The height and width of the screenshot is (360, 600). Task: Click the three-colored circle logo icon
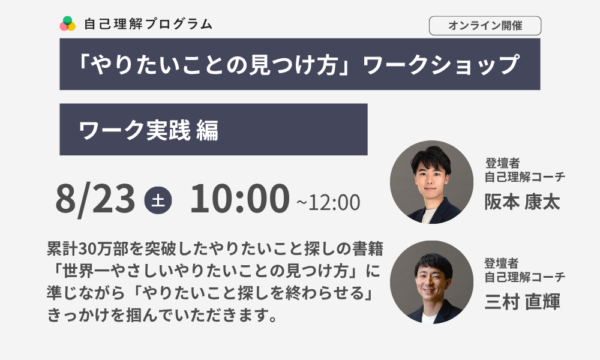point(68,24)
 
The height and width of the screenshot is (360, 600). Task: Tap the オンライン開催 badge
point(485,26)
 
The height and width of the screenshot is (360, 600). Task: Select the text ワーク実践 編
point(148,130)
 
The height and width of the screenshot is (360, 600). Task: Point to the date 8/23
point(95,199)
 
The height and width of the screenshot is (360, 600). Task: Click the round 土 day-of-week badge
point(158,200)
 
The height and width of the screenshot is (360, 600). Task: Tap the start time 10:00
point(239,198)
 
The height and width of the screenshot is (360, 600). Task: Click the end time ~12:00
point(328,202)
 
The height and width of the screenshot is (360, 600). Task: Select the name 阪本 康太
point(522,202)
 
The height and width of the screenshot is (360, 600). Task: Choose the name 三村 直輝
point(522,301)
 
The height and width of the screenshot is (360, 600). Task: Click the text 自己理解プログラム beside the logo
point(148,24)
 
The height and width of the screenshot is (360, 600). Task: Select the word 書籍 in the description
point(367,248)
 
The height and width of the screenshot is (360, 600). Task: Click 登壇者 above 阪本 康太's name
point(502,163)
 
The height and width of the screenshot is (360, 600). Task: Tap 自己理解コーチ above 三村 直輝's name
point(524,277)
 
